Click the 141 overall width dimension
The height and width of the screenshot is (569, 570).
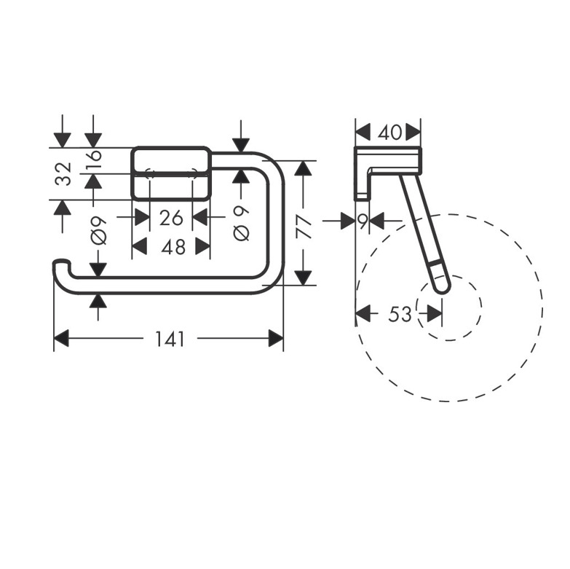coord(170,339)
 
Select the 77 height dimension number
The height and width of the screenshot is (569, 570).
coord(304,227)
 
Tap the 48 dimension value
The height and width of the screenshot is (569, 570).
coord(174,248)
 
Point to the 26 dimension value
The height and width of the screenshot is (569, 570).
coord(171,219)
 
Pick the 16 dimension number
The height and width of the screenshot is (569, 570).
coord(93,160)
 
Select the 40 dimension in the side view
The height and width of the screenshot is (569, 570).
coord(389,132)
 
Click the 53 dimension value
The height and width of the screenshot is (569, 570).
coord(400,313)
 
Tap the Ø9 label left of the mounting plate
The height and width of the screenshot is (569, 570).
coord(98,231)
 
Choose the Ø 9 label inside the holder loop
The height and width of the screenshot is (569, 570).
coord(242,223)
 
